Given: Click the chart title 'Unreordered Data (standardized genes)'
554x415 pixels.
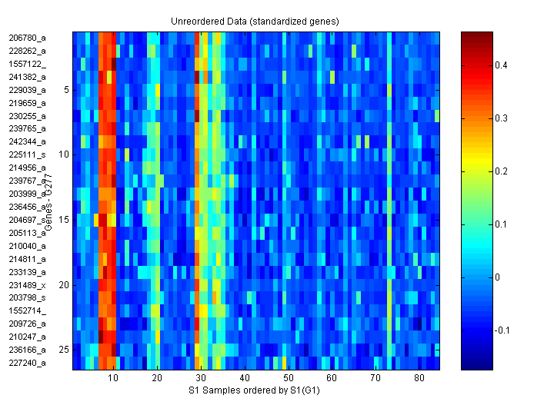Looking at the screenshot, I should [x=254, y=21].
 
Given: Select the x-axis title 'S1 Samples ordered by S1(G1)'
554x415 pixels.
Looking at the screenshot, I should [x=255, y=391].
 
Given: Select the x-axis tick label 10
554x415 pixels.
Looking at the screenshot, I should [x=114, y=378].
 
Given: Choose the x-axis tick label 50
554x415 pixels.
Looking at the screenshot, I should [x=289, y=378].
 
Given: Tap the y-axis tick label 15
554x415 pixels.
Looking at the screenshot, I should [x=64, y=220].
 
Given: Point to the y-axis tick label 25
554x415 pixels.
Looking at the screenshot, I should [x=64, y=350].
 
